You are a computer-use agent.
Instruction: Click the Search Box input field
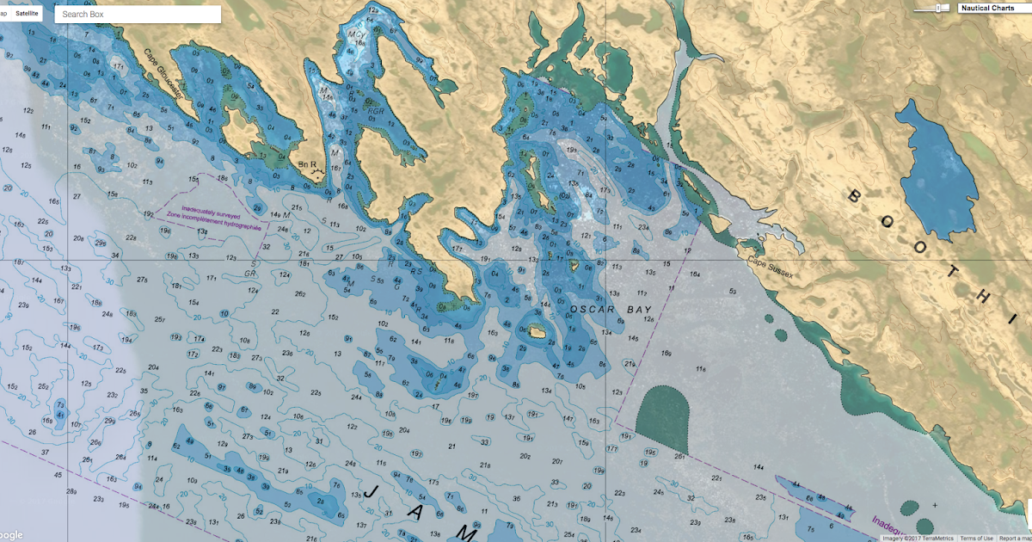click(x=138, y=15)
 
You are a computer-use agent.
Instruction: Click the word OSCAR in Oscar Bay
click(x=593, y=309)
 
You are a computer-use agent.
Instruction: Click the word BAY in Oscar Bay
click(x=639, y=309)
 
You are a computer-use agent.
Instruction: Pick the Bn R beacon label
click(x=308, y=163)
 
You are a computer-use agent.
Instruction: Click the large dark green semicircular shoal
click(x=664, y=415)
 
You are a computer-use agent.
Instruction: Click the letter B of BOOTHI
click(x=854, y=197)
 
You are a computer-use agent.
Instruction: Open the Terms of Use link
click(x=975, y=538)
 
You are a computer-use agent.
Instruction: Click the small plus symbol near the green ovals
click(x=934, y=505)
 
